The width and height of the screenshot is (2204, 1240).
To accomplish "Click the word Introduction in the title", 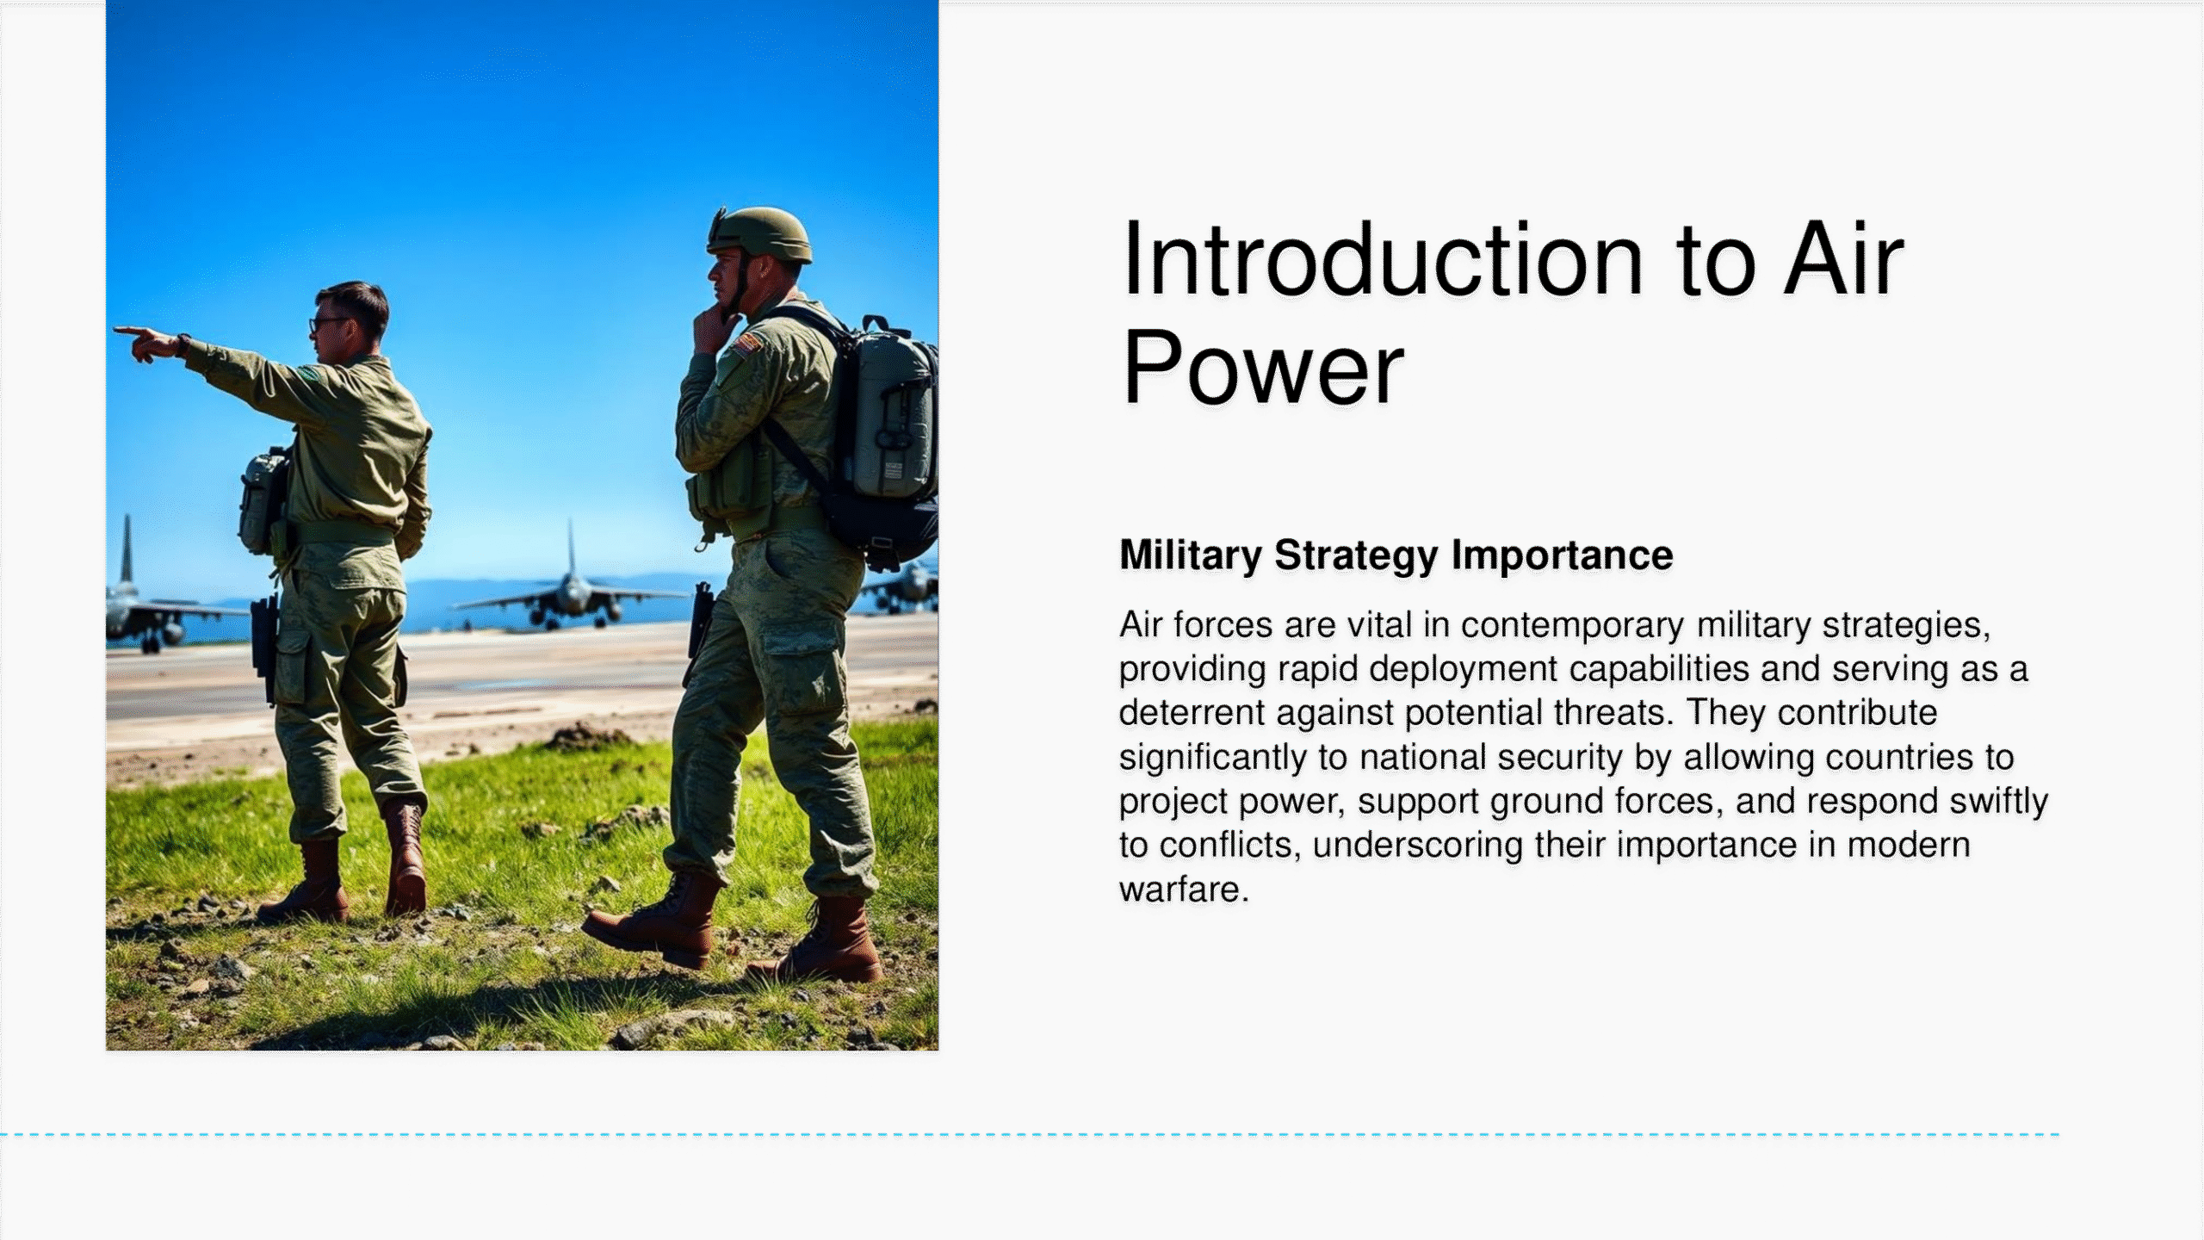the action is coord(1383,259).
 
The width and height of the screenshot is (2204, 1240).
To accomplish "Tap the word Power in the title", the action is coord(1263,368).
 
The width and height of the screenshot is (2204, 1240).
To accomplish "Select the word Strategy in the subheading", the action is coord(1356,556).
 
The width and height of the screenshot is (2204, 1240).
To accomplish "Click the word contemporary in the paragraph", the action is coord(1572,626).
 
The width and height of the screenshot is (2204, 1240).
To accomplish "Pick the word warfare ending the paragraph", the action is coord(1183,890).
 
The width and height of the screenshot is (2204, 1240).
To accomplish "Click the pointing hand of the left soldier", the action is coord(145,343).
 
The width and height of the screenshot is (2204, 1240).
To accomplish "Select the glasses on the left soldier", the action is coord(328,324).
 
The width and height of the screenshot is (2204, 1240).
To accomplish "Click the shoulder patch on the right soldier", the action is coord(746,344).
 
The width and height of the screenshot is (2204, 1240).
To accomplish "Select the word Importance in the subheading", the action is coord(1563,556).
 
